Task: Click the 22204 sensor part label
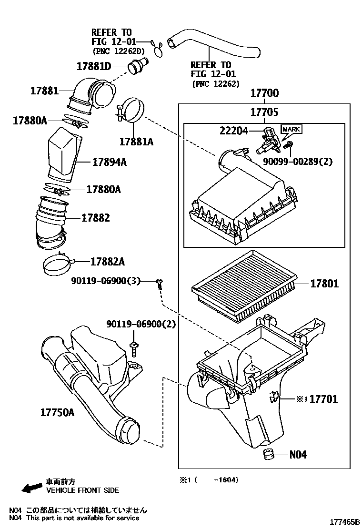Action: [x=233, y=130]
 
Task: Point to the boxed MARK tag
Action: [x=292, y=129]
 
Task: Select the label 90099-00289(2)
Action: [x=298, y=162]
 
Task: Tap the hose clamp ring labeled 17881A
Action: [x=132, y=110]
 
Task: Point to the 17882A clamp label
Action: [x=107, y=261]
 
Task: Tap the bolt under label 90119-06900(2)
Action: [x=134, y=349]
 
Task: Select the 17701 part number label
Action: [x=323, y=398]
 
